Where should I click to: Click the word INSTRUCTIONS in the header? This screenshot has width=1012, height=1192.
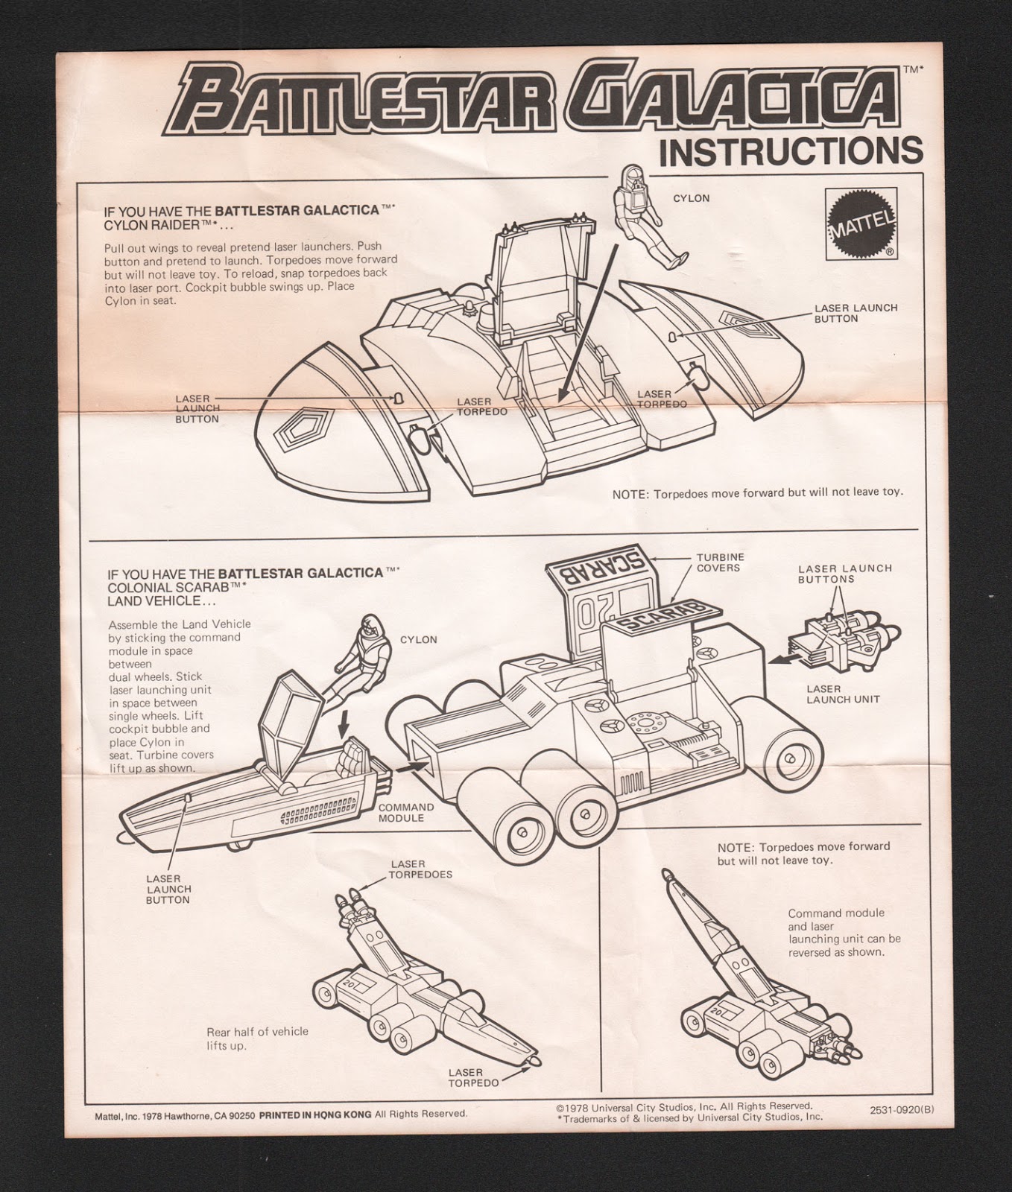(x=791, y=150)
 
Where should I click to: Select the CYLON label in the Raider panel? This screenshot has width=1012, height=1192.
(x=691, y=199)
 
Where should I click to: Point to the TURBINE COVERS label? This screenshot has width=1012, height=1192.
(x=720, y=562)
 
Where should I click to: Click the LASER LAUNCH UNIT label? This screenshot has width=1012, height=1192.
(x=841, y=694)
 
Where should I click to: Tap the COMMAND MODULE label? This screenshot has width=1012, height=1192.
(x=406, y=812)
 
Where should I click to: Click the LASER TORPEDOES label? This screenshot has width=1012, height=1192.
(x=420, y=869)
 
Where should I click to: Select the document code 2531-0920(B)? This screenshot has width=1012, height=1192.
(x=901, y=1109)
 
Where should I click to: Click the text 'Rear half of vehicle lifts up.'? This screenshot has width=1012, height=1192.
(x=257, y=1039)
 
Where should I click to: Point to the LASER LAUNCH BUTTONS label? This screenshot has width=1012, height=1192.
(x=844, y=574)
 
